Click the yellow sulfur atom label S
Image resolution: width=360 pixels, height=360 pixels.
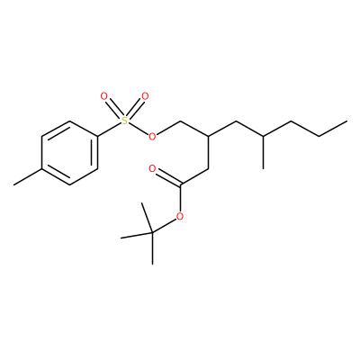124,121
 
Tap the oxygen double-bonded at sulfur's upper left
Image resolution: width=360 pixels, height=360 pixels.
103,96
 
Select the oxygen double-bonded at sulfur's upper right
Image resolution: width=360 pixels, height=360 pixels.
145,96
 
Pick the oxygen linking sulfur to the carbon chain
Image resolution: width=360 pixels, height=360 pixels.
153,137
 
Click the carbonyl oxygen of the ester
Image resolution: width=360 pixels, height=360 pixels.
152,168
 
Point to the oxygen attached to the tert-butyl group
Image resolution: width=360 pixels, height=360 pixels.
180,216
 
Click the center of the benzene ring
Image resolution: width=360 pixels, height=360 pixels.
69,153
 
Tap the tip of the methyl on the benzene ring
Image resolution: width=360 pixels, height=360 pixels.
13,184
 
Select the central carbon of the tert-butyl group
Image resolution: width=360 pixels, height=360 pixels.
152,232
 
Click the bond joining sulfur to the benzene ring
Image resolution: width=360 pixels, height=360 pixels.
109,130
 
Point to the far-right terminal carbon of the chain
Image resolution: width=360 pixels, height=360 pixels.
347,121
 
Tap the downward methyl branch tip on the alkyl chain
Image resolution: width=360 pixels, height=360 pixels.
264,168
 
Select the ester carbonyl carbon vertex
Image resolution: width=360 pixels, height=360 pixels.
180,184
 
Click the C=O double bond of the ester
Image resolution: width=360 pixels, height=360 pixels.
168,177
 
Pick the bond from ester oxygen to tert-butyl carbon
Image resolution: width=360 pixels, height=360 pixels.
165,225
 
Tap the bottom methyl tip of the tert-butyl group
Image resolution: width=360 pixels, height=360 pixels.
152,265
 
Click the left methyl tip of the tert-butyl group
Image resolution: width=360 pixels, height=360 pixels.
121,238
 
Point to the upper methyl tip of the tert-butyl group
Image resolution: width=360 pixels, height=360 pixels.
141,202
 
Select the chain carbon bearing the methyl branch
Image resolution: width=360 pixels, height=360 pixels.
264,137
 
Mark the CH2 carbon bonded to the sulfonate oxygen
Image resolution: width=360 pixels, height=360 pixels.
180,121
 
